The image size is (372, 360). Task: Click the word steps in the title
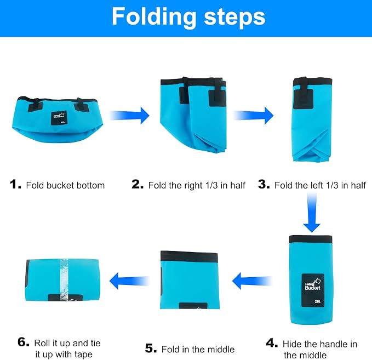pyautogui.click(x=234, y=18)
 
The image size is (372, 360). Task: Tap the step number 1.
pyautogui.click(x=15, y=185)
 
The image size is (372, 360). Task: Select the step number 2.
pyautogui.click(x=138, y=185)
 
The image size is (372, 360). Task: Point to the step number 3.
pyautogui.click(x=264, y=185)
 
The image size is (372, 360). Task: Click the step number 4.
pyautogui.click(x=272, y=343)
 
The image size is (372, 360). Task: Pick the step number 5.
pyautogui.click(x=151, y=348)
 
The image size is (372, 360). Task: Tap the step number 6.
pyautogui.click(x=24, y=342)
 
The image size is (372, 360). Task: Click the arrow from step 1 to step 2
pyautogui.click(x=129, y=116)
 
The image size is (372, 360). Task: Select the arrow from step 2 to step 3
pyautogui.click(x=253, y=116)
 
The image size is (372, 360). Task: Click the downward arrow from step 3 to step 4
pyautogui.click(x=312, y=213)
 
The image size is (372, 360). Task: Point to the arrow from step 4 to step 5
pyautogui.click(x=252, y=281)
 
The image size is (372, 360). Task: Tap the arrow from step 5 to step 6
pyautogui.click(x=129, y=281)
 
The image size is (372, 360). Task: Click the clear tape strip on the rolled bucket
pyautogui.click(x=64, y=280)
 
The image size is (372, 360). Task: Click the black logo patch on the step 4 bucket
pyautogui.click(x=313, y=290)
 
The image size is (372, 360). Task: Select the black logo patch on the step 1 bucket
pyautogui.click(x=59, y=118)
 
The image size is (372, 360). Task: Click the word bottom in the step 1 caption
pyautogui.click(x=91, y=185)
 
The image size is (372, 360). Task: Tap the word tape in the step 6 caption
pyautogui.click(x=83, y=355)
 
